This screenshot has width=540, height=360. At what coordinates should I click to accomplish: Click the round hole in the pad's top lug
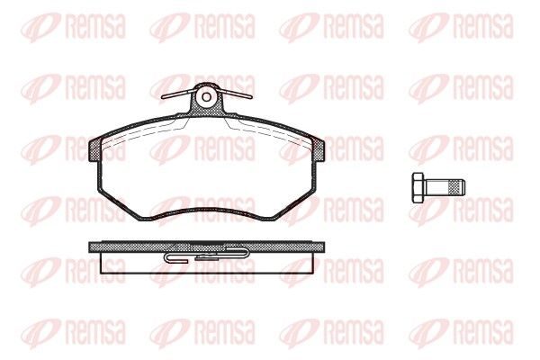tap(206, 97)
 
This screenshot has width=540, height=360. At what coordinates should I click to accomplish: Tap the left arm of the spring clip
tap(178, 94)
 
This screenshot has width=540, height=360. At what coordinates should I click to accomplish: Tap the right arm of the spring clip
tap(235, 93)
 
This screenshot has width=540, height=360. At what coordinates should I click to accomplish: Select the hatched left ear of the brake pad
tap(95, 149)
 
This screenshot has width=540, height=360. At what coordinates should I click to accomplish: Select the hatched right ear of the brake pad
tap(318, 148)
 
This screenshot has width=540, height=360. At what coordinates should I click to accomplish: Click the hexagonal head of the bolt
tap(419, 188)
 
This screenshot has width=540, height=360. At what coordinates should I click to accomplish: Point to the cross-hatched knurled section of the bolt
tap(454, 188)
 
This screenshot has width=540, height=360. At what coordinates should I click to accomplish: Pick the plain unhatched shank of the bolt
tap(437, 188)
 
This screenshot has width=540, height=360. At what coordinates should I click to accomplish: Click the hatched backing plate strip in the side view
tap(206, 247)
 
